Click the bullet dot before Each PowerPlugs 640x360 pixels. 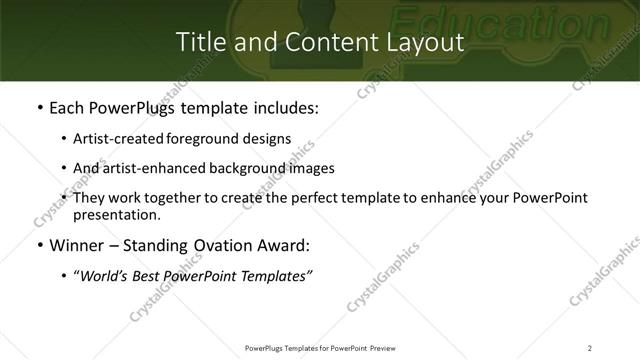pyautogui.click(x=39, y=107)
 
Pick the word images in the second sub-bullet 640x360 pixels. pyautogui.click(x=310, y=168)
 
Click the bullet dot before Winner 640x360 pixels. pyautogui.click(x=39, y=245)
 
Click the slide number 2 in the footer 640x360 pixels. pyautogui.click(x=589, y=347)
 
